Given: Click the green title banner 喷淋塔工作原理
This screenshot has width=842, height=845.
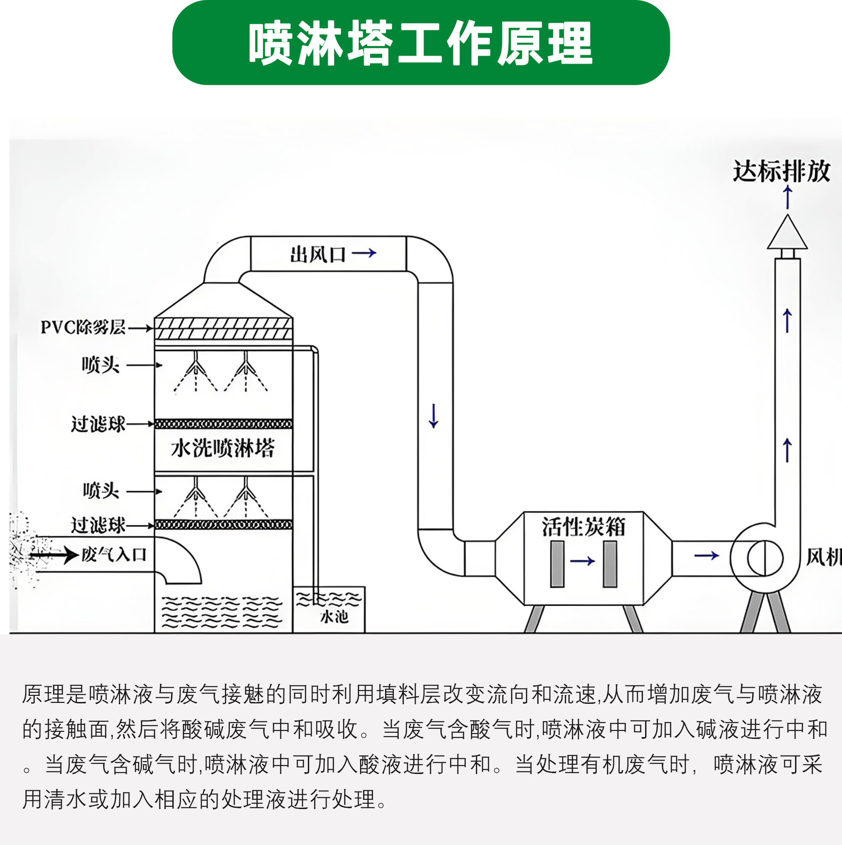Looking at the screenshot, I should click(421, 43).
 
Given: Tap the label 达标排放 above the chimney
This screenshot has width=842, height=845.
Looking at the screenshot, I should click(781, 171).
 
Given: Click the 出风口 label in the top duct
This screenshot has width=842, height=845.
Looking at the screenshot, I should click(318, 254).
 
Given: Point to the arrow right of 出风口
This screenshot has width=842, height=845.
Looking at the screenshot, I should click(364, 253).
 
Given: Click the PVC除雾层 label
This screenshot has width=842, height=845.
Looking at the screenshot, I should click(83, 327).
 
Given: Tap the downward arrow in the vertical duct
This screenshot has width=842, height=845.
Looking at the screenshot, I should click(434, 415).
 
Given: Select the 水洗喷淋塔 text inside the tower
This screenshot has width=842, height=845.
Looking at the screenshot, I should click(223, 448).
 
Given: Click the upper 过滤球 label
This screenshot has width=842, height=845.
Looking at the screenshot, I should click(98, 424).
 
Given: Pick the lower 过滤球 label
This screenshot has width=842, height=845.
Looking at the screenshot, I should click(98, 525).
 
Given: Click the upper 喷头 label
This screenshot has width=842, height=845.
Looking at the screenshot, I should click(101, 365).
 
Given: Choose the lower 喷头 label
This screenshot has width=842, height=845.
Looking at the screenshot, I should click(101, 491).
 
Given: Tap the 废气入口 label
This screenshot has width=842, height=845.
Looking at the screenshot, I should click(114, 555).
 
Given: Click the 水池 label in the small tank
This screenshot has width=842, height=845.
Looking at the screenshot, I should click(335, 617).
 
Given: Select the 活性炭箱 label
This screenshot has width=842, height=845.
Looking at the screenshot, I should click(583, 527).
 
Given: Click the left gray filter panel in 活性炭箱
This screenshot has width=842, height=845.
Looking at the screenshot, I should click(557, 564).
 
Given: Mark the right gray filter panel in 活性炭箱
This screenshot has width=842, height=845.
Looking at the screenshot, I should click(610, 564).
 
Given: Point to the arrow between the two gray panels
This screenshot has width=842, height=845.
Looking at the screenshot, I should click(582, 561).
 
